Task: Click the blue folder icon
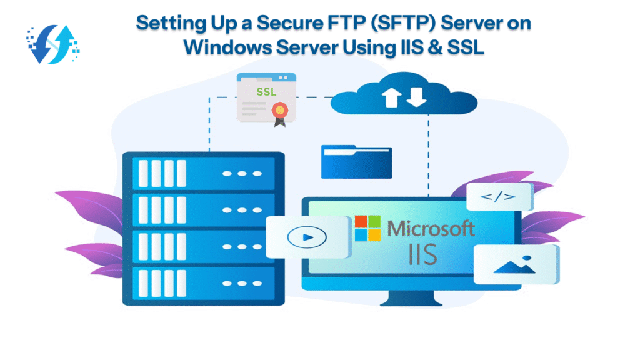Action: pos(356,161)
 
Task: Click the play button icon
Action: pos(302,237)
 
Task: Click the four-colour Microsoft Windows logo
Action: pos(367,228)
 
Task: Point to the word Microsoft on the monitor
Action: pos(431,228)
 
